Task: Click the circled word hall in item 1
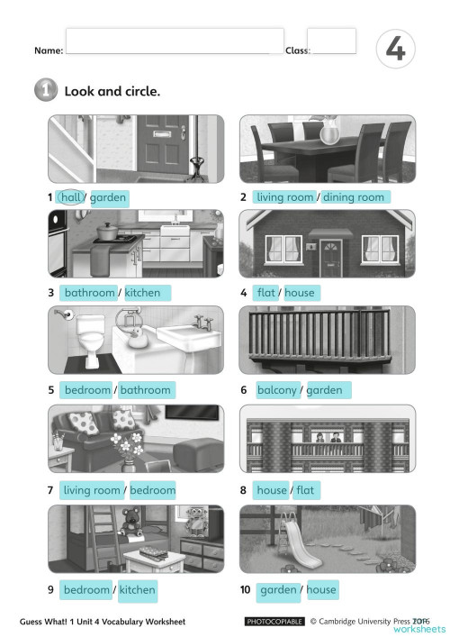click(71, 197)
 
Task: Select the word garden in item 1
click(108, 197)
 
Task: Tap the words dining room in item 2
click(353, 197)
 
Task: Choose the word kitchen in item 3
click(142, 293)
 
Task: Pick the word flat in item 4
click(266, 293)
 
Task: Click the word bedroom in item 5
click(87, 390)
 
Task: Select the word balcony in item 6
click(277, 390)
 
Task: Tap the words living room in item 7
click(92, 490)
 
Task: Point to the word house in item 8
click(272, 490)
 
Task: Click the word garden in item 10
click(278, 590)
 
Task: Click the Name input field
click(174, 41)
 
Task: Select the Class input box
click(331, 41)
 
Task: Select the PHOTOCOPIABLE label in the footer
click(274, 621)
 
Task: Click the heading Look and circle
click(112, 91)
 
